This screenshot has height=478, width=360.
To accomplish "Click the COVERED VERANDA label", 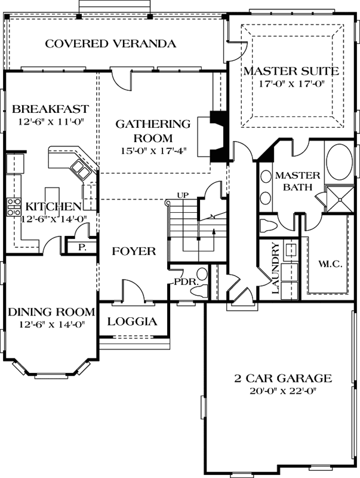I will coord(110,44).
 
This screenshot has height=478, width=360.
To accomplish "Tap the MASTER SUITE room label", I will coord(291,71).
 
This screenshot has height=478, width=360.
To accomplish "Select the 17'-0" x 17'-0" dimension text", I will coord(291,84).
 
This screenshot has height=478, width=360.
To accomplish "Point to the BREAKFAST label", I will coord(50,109).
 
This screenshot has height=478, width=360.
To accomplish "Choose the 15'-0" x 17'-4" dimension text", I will coord(152,150).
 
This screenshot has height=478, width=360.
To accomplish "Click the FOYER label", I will coord(134,252).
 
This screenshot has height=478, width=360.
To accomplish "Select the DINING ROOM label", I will coord(51,312).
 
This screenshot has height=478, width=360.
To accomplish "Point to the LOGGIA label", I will coord(132,321).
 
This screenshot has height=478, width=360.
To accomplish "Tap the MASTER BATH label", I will coord(297,182).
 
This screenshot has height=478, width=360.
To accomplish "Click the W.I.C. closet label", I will coord(330,263).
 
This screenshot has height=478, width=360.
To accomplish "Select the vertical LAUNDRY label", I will coord(276,268).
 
